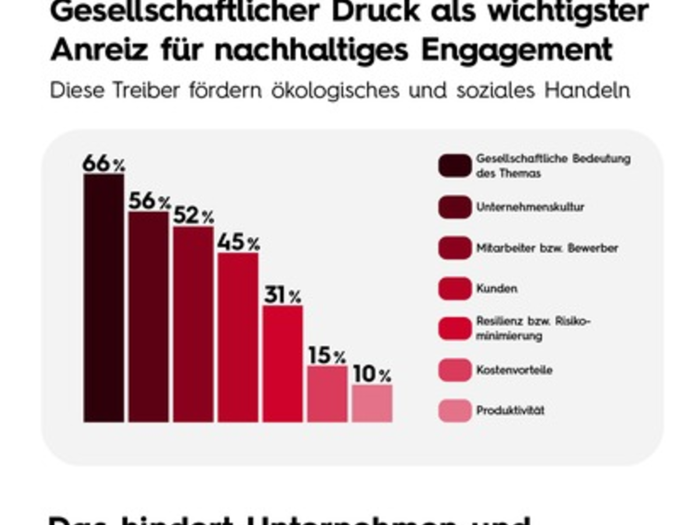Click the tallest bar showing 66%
[104, 297]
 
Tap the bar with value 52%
[194, 324]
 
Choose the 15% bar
[327, 393]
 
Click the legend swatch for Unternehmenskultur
[455, 207]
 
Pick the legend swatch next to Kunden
[455, 288]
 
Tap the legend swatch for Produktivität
[455, 410]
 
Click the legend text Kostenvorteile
[514, 370]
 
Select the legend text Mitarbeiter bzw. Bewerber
[547, 248]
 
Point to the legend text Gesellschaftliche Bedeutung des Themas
[552, 166]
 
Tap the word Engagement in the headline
[516, 50]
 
